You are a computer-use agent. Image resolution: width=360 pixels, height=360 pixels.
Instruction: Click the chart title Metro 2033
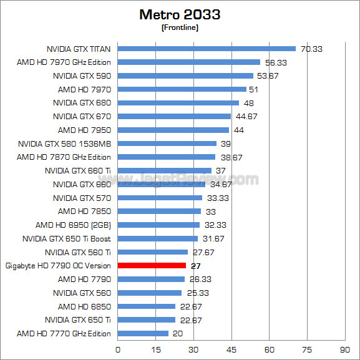tap(180, 14)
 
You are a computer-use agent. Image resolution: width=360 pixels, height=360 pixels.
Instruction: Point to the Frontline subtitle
tap(180, 27)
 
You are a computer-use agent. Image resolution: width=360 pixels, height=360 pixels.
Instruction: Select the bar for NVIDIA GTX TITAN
tap(207, 49)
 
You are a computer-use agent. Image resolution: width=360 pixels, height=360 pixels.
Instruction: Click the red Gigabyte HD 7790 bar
tap(152, 266)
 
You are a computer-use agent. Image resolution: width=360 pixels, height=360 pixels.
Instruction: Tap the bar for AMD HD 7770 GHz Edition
tap(143, 334)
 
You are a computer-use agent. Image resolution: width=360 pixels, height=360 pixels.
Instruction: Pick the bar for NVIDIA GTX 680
tap(178, 103)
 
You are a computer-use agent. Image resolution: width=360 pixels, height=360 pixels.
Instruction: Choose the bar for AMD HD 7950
tap(173, 130)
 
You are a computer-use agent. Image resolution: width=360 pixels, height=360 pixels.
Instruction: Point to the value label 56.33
tap(275, 62)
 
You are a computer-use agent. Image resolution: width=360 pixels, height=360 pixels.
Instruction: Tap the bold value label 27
tap(195, 266)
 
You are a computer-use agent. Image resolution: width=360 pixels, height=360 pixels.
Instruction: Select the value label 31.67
tap(213, 238)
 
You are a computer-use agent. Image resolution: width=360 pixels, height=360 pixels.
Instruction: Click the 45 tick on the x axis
tap(231, 350)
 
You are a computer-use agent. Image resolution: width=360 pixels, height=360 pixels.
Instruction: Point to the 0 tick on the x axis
tap(118, 350)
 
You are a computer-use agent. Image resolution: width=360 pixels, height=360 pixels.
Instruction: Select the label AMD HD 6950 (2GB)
tap(73, 225)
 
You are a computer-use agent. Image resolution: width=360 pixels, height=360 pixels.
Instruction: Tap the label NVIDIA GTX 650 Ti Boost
tap(66, 238)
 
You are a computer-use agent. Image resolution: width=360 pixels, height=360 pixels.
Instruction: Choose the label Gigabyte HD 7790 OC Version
tap(58, 266)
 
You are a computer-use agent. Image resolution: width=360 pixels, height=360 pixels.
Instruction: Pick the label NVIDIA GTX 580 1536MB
tap(65, 144)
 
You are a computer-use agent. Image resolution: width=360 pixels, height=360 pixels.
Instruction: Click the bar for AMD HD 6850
tap(147, 306)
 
